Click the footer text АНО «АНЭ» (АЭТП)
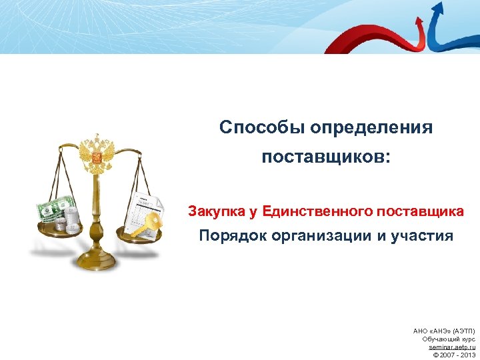[445, 331]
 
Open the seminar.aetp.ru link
[452, 347]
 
